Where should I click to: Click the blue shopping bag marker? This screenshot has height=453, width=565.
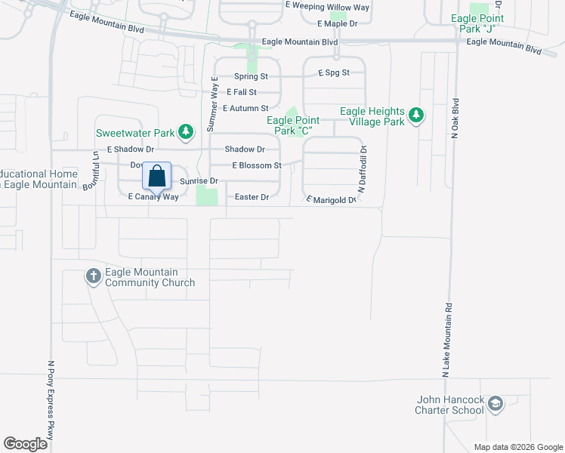pos(156,177)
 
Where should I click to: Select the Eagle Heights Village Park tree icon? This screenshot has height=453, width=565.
pos(415,116)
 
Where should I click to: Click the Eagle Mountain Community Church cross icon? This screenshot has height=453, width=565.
pos(94,276)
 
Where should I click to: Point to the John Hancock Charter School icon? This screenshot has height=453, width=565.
pos(495,405)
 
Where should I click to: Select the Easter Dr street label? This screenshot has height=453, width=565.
pos(252,197)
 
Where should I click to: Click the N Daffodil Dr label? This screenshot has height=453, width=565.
pos(363,170)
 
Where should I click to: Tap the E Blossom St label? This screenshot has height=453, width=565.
pos(257,165)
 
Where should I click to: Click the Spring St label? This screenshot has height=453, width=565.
pos(251,76)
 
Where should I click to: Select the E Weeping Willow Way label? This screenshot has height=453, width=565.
pos(328,6)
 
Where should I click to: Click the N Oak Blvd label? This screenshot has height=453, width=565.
pos(455,119)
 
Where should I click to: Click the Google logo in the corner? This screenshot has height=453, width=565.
pos(26,444)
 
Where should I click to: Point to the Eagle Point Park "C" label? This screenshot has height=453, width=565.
pos(293,125)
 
